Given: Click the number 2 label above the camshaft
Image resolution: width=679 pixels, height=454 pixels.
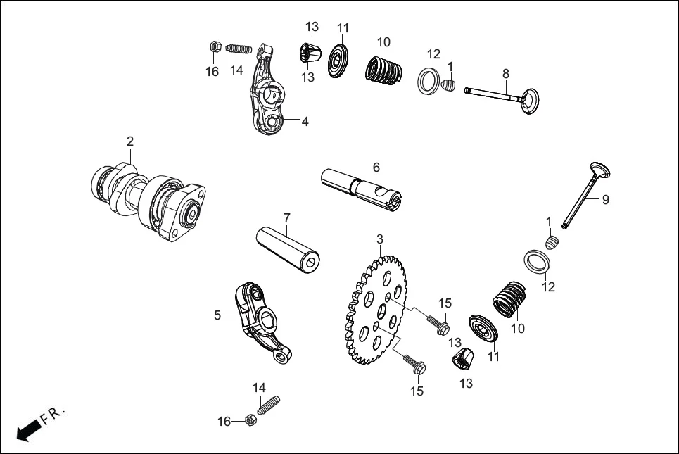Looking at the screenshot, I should (x=130, y=141).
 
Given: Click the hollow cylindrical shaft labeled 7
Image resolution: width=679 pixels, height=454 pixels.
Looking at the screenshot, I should (x=288, y=248).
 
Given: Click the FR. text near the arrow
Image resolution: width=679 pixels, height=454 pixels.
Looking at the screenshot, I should (x=53, y=415).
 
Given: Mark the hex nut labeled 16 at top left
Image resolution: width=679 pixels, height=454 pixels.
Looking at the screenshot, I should (x=215, y=47).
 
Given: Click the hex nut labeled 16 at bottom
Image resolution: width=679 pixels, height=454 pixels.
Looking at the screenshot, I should (x=248, y=421).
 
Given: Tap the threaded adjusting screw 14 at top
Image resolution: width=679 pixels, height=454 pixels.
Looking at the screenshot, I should (x=241, y=50).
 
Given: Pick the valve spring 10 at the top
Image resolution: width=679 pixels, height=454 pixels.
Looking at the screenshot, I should (x=384, y=70).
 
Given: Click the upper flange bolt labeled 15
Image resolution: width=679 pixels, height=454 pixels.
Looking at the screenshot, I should (x=438, y=324).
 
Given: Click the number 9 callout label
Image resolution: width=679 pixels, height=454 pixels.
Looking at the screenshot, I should (x=605, y=200).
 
